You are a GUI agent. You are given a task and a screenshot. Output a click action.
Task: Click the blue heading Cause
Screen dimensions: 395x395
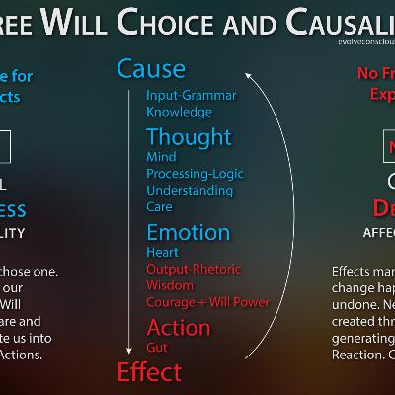click(151, 68)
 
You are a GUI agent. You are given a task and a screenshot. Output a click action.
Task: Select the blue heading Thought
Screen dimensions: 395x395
click(189, 136)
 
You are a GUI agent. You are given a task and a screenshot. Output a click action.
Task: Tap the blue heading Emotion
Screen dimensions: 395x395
click(188, 233)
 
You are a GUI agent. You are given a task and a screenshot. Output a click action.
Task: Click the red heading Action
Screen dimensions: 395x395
click(179, 328)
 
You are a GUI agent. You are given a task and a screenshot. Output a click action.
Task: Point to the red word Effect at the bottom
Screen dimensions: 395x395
click(149, 371)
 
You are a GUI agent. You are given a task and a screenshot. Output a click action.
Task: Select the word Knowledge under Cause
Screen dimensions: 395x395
click(179, 112)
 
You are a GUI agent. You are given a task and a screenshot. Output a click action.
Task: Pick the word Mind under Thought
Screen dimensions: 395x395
click(161, 157)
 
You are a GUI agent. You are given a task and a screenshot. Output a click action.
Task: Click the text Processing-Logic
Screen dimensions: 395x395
click(196, 174)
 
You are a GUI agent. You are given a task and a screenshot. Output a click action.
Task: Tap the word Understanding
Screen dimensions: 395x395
click(189, 191)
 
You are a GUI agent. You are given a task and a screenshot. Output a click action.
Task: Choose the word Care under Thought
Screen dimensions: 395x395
click(159, 207)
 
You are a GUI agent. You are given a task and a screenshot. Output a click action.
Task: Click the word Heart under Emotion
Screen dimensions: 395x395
click(163, 253)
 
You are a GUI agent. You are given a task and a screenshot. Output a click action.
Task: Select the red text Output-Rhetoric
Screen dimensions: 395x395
click(195, 269)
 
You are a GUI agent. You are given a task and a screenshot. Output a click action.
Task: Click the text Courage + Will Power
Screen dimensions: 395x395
click(207, 302)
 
